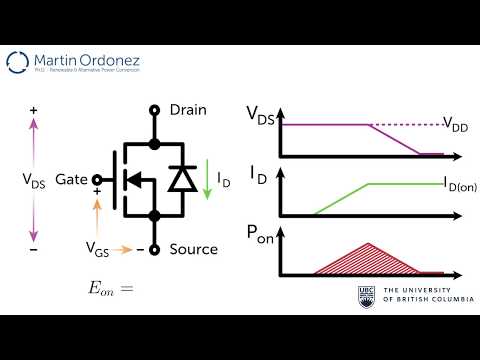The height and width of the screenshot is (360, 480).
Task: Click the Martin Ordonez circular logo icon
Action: (x=19, y=64)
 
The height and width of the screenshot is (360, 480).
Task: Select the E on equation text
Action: (x=111, y=288)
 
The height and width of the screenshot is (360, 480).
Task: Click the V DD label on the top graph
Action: (x=457, y=125)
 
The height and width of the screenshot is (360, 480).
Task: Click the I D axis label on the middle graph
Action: (x=258, y=177)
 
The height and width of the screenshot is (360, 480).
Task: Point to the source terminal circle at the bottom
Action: (x=154, y=248)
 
